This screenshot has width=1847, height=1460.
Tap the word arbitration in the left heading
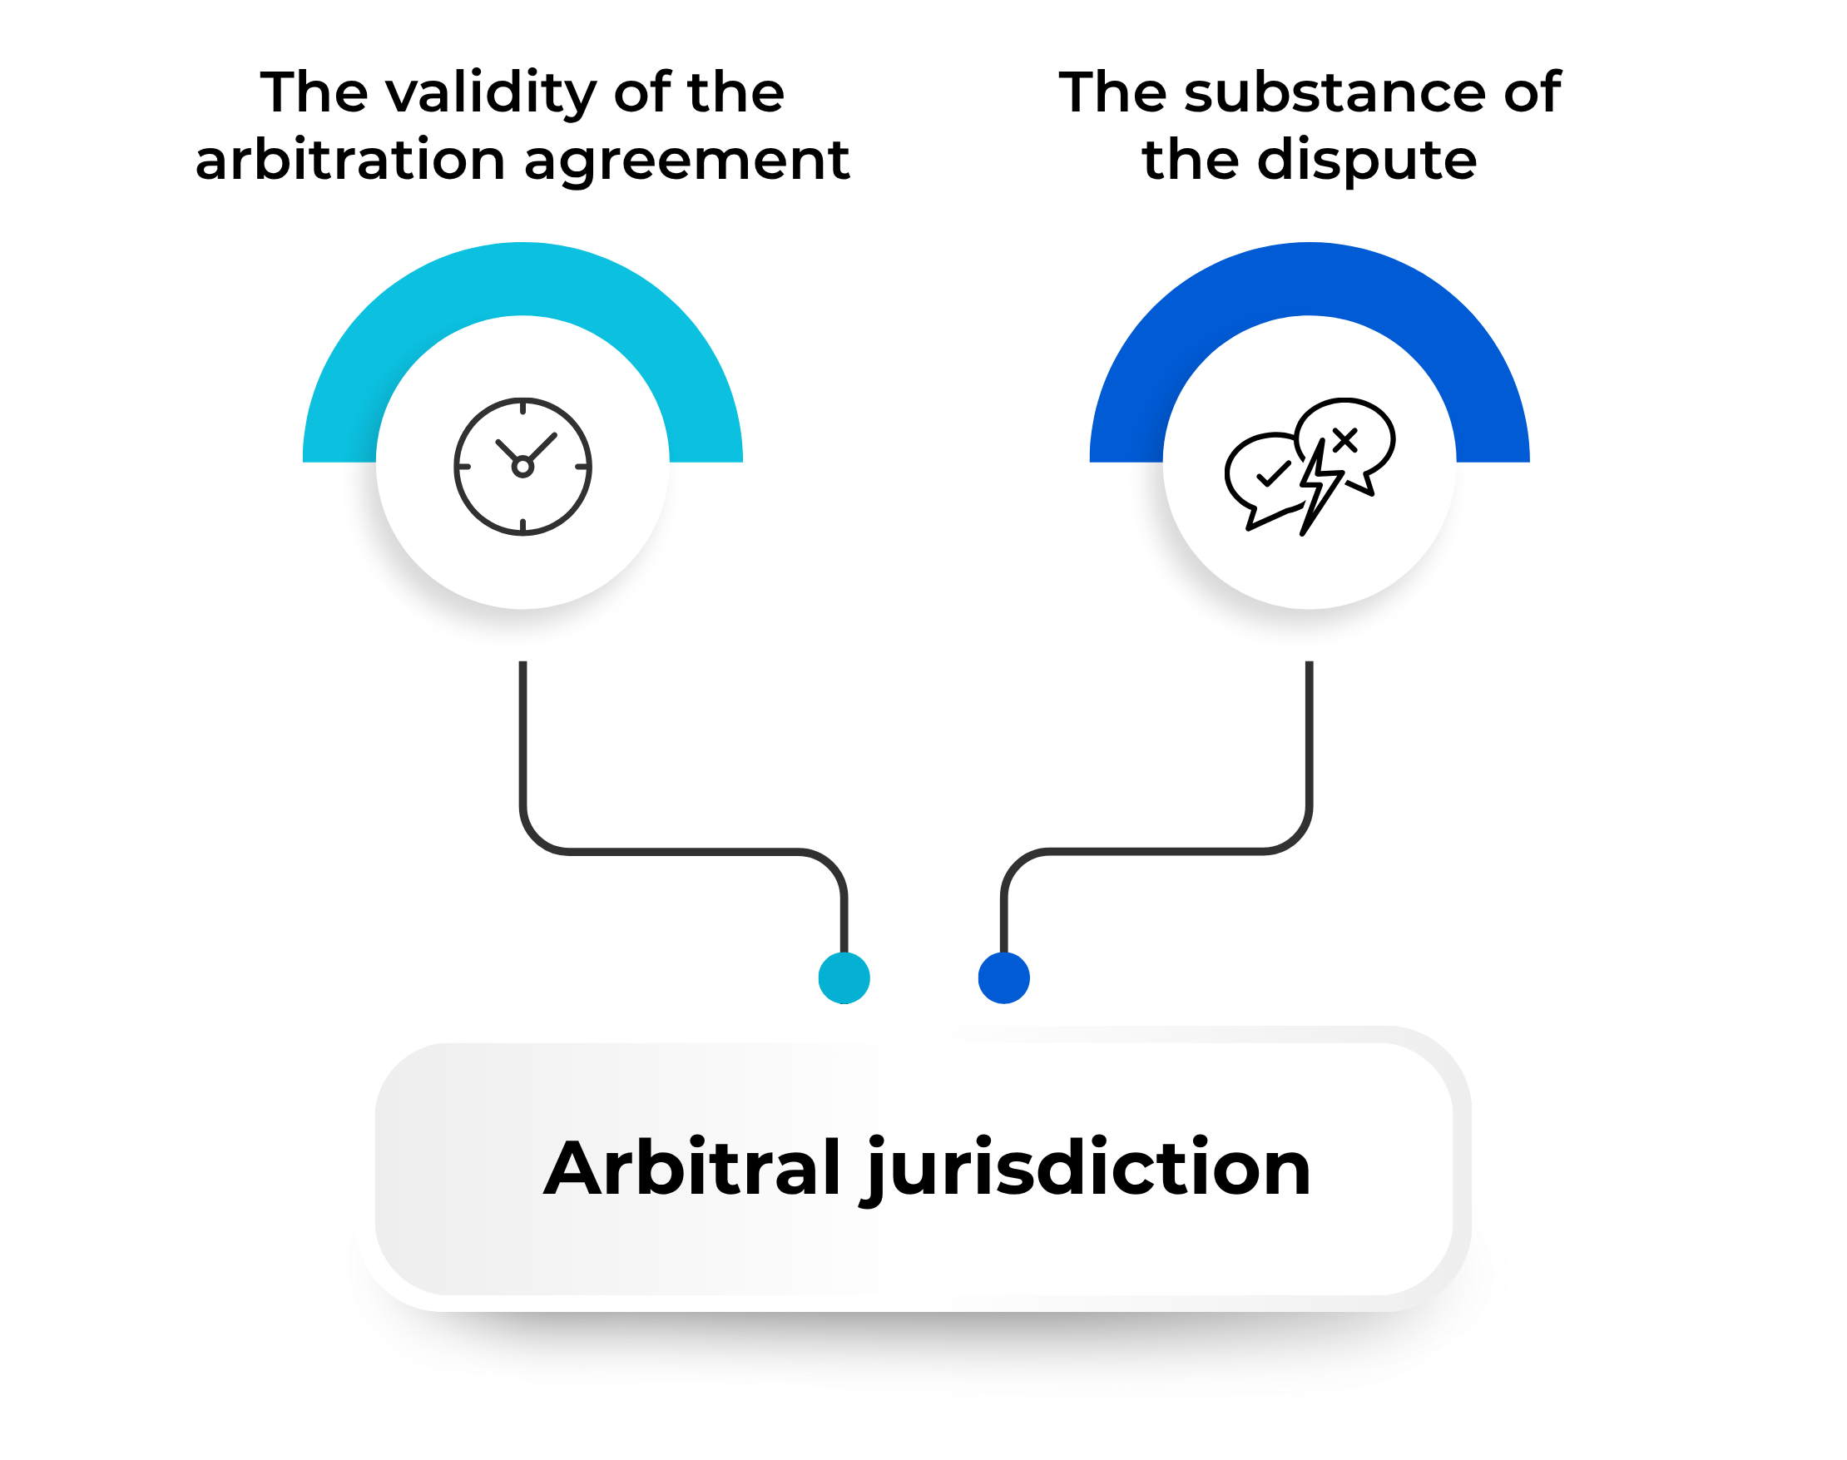click(x=350, y=160)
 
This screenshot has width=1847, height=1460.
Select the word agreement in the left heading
click(x=686, y=162)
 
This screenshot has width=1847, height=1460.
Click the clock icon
click(x=522, y=467)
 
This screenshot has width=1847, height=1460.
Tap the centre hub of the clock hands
click(x=522, y=467)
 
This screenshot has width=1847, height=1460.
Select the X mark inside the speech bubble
click(x=1344, y=440)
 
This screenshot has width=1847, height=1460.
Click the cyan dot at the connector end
click(x=844, y=977)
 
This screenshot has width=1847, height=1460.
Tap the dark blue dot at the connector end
click(x=1003, y=977)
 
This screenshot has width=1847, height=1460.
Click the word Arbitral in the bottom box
click(x=692, y=1168)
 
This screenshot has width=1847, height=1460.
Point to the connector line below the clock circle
click(x=684, y=851)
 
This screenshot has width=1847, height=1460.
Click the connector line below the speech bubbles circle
click(x=1154, y=851)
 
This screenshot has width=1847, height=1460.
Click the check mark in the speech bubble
click(x=1274, y=473)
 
